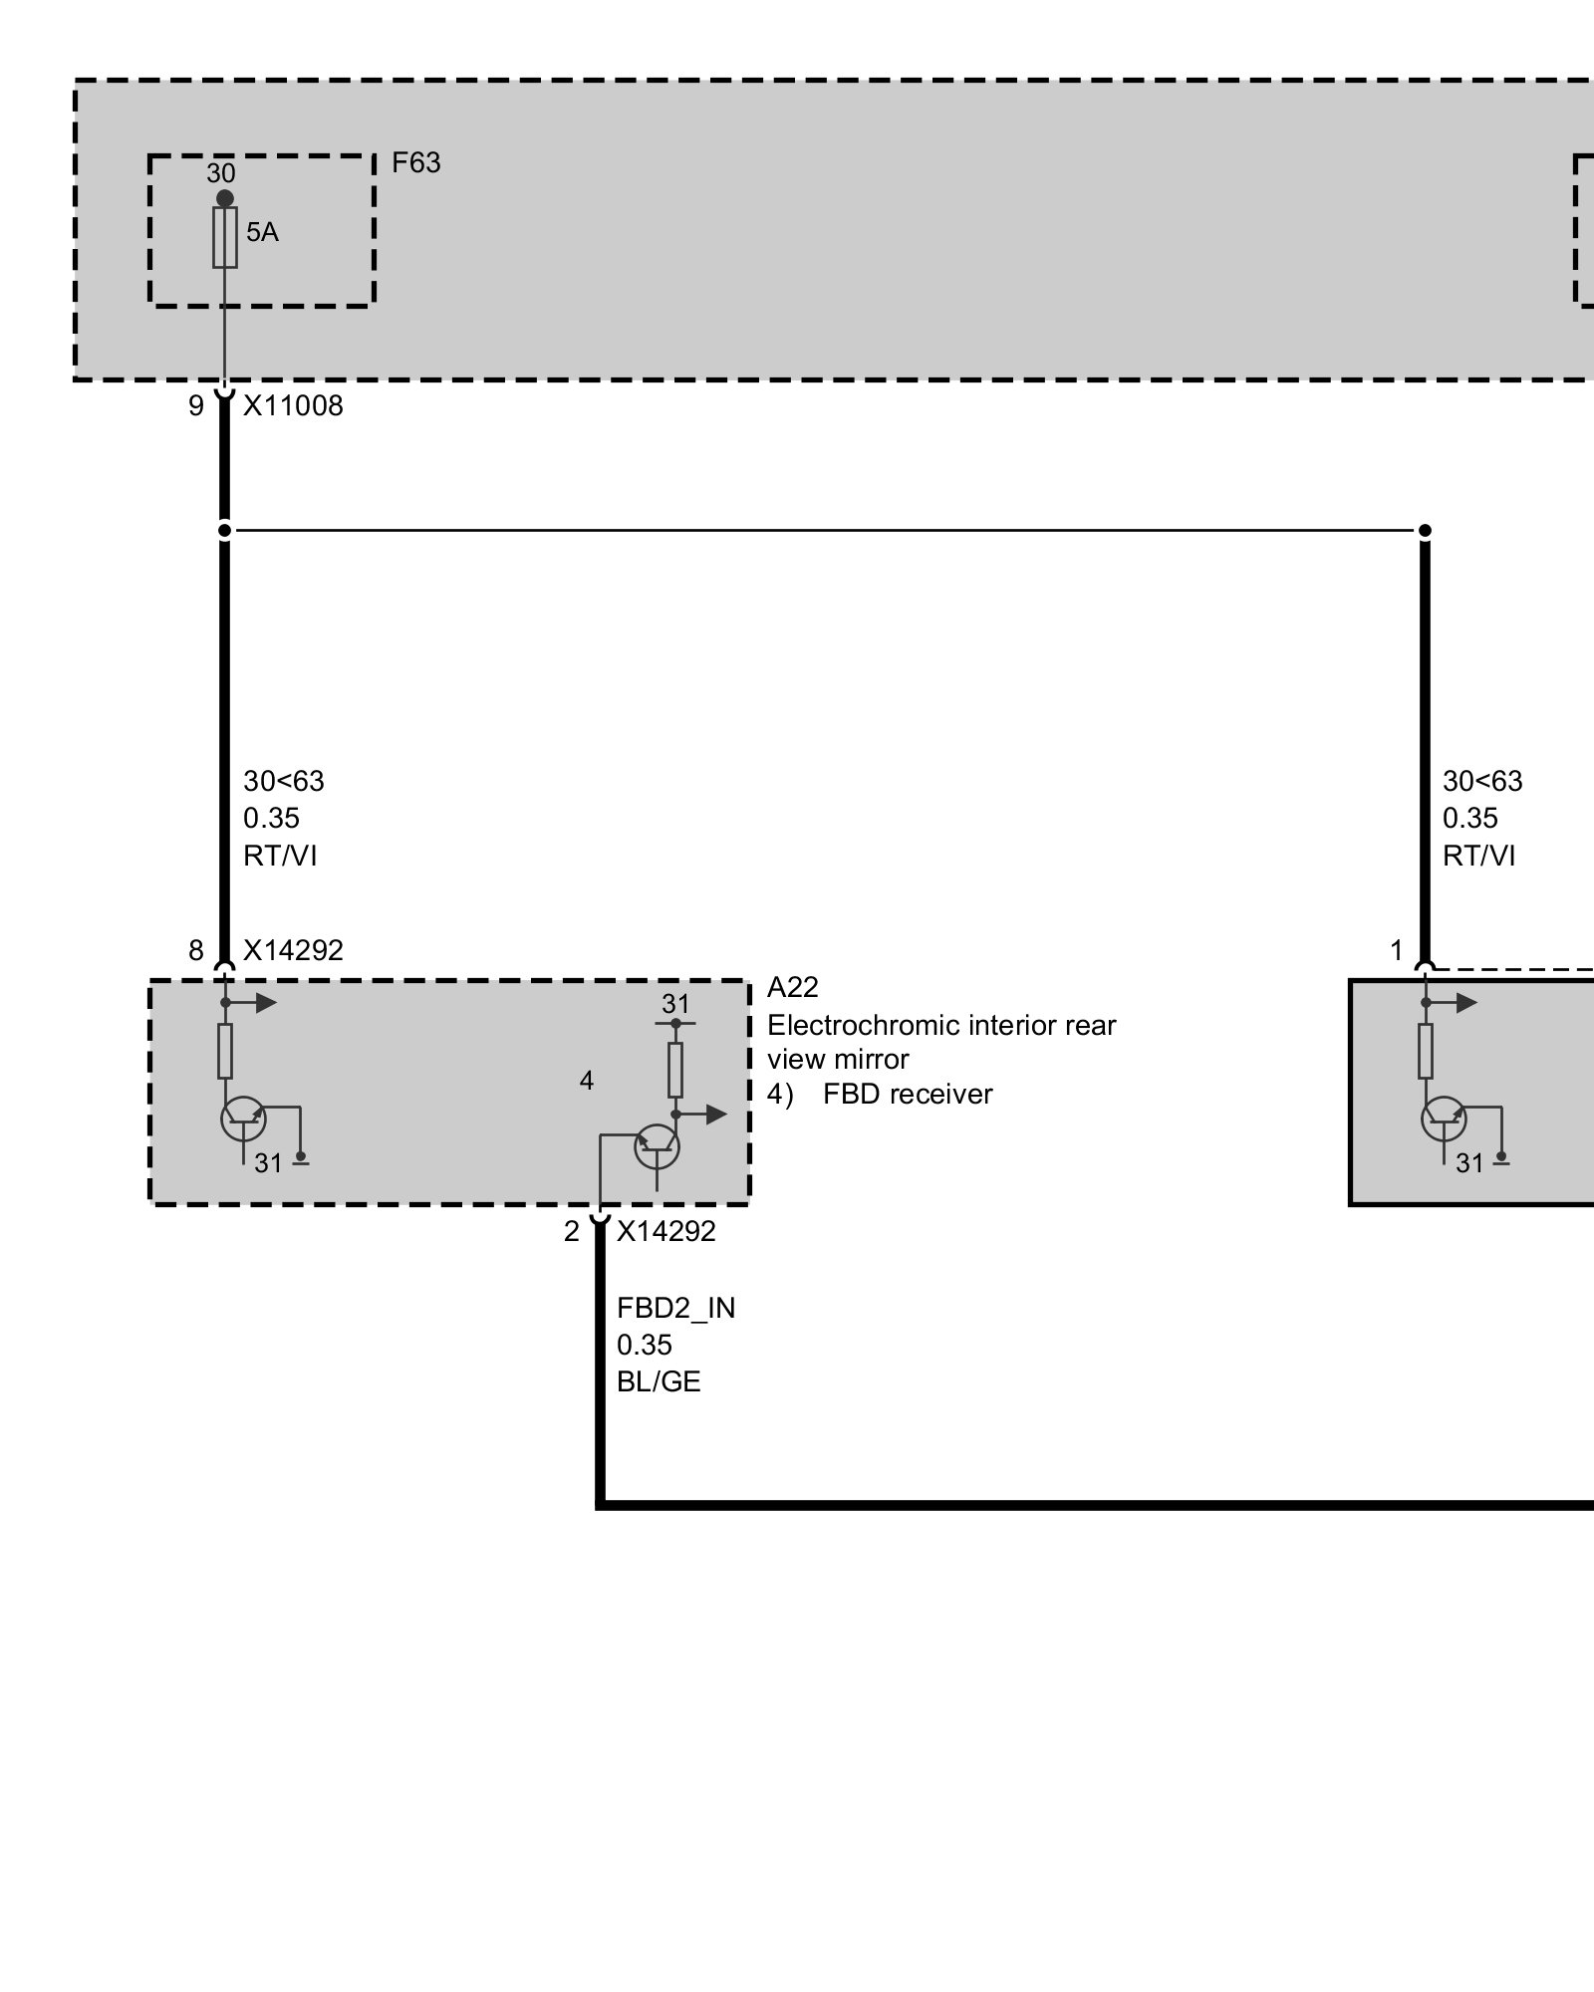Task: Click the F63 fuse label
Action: pos(415,162)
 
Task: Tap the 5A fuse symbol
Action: pos(225,238)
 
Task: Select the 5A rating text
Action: pos(263,232)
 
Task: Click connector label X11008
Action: pos(293,405)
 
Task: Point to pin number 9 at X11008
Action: pos(196,405)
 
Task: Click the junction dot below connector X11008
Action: pos(225,530)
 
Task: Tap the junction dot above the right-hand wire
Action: pos(1425,530)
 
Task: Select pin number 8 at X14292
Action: pos(196,950)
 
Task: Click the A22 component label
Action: pos(793,987)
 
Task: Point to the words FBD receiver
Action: pos(908,1095)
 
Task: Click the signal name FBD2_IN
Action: pos(675,1308)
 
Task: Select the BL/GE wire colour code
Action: pos(659,1381)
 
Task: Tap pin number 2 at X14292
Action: pos(571,1232)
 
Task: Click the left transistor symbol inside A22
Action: pos(243,1119)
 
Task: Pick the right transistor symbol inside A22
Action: pos(658,1147)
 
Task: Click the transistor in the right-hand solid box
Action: pos(1444,1119)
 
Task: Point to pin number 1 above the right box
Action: pos(1397,950)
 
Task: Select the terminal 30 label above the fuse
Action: pos(221,173)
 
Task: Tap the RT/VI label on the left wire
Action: pos(280,856)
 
